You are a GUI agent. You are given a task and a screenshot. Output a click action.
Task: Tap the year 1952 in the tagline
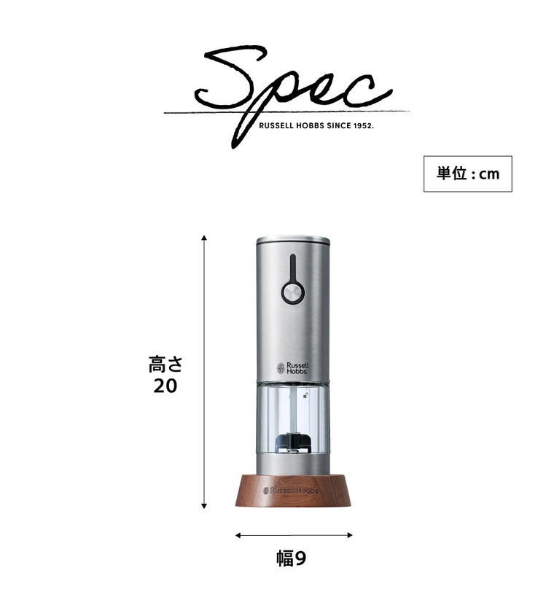coord(363,125)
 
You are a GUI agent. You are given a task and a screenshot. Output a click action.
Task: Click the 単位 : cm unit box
coord(467,174)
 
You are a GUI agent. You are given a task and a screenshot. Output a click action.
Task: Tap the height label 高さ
coord(165,365)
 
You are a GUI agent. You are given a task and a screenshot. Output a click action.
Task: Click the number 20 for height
coord(165,386)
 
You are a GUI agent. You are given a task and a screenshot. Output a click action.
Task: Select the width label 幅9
coord(291,558)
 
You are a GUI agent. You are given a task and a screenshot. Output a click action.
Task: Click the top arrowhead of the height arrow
coord(204,238)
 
